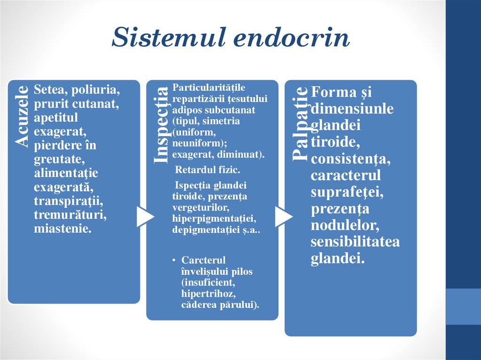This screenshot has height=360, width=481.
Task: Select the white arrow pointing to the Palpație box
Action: (283, 216)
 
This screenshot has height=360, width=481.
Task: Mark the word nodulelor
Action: (344, 225)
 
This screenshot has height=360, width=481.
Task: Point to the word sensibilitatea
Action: (355, 242)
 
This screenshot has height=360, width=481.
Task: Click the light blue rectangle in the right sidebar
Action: (463, 306)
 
